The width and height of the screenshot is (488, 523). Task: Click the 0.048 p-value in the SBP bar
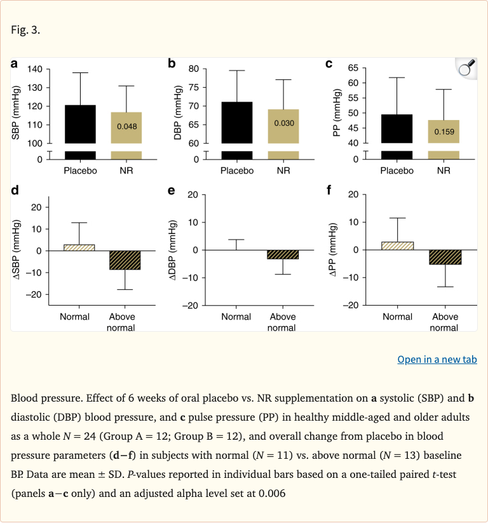[x=126, y=126]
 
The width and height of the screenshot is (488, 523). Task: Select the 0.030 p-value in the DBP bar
[x=284, y=122]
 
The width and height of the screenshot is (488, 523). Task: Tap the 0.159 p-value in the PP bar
[x=444, y=132]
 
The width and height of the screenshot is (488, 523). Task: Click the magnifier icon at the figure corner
[x=465, y=68]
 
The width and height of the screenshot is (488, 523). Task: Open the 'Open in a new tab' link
[x=437, y=360]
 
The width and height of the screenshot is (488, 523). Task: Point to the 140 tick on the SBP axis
[x=36, y=69]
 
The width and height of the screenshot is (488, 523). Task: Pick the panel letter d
[x=15, y=190]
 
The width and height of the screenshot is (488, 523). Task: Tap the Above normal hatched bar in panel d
[x=125, y=260]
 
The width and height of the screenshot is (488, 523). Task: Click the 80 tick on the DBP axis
[x=194, y=69]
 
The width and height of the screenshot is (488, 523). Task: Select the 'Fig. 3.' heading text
[x=25, y=30]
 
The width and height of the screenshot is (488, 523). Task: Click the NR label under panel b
[x=284, y=170]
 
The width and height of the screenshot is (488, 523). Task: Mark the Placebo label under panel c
[x=397, y=170]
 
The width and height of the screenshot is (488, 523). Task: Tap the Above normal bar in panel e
[x=282, y=255]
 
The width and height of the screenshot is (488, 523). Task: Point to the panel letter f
[x=329, y=190]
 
